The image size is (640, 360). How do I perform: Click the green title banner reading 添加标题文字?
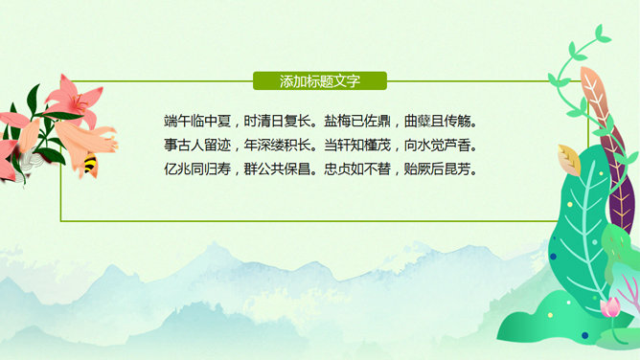click(x=319, y=81)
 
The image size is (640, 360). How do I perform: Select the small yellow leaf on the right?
click(x=569, y=159)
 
